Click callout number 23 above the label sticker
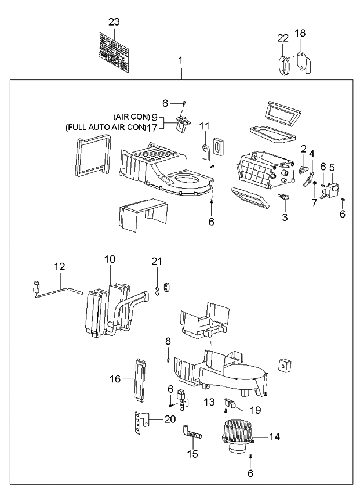click(x=114, y=22)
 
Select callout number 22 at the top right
click(x=282, y=38)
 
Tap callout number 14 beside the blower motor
click(x=275, y=436)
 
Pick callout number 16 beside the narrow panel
click(x=115, y=379)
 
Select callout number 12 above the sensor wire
click(x=60, y=266)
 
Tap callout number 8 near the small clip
click(x=168, y=341)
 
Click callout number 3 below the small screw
click(x=284, y=218)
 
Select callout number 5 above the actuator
click(x=332, y=167)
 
